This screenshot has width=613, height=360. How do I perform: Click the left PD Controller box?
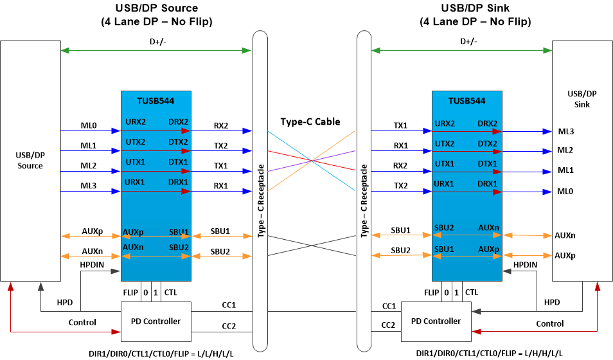tap(156, 321)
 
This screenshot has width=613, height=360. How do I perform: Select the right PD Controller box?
tap(435, 321)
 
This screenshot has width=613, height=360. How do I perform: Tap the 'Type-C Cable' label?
tap(310, 122)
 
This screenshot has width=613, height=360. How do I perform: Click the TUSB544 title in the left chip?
tap(155, 100)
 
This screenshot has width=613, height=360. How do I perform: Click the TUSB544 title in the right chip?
tap(466, 100)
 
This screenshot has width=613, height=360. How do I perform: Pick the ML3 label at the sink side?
tap(565, 132)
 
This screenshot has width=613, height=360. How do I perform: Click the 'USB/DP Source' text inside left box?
tap(30, 161)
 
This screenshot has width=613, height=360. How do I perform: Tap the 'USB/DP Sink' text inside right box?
tap(582, 99)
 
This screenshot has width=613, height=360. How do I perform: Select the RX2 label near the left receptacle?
tap(221, 126)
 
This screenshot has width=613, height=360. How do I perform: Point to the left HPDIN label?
tap(93, 265)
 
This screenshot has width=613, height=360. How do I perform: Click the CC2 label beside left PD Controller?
tap(229, 326)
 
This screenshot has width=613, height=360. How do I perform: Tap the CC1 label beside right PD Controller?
tap(389, 306)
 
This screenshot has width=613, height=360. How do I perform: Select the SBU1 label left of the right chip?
tap(400, 230)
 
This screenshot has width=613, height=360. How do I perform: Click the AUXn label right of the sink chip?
tap(565, 235)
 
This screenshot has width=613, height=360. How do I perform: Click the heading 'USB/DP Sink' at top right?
tap(475, 8)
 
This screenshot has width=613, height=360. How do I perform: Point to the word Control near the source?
tap(82, 322)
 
